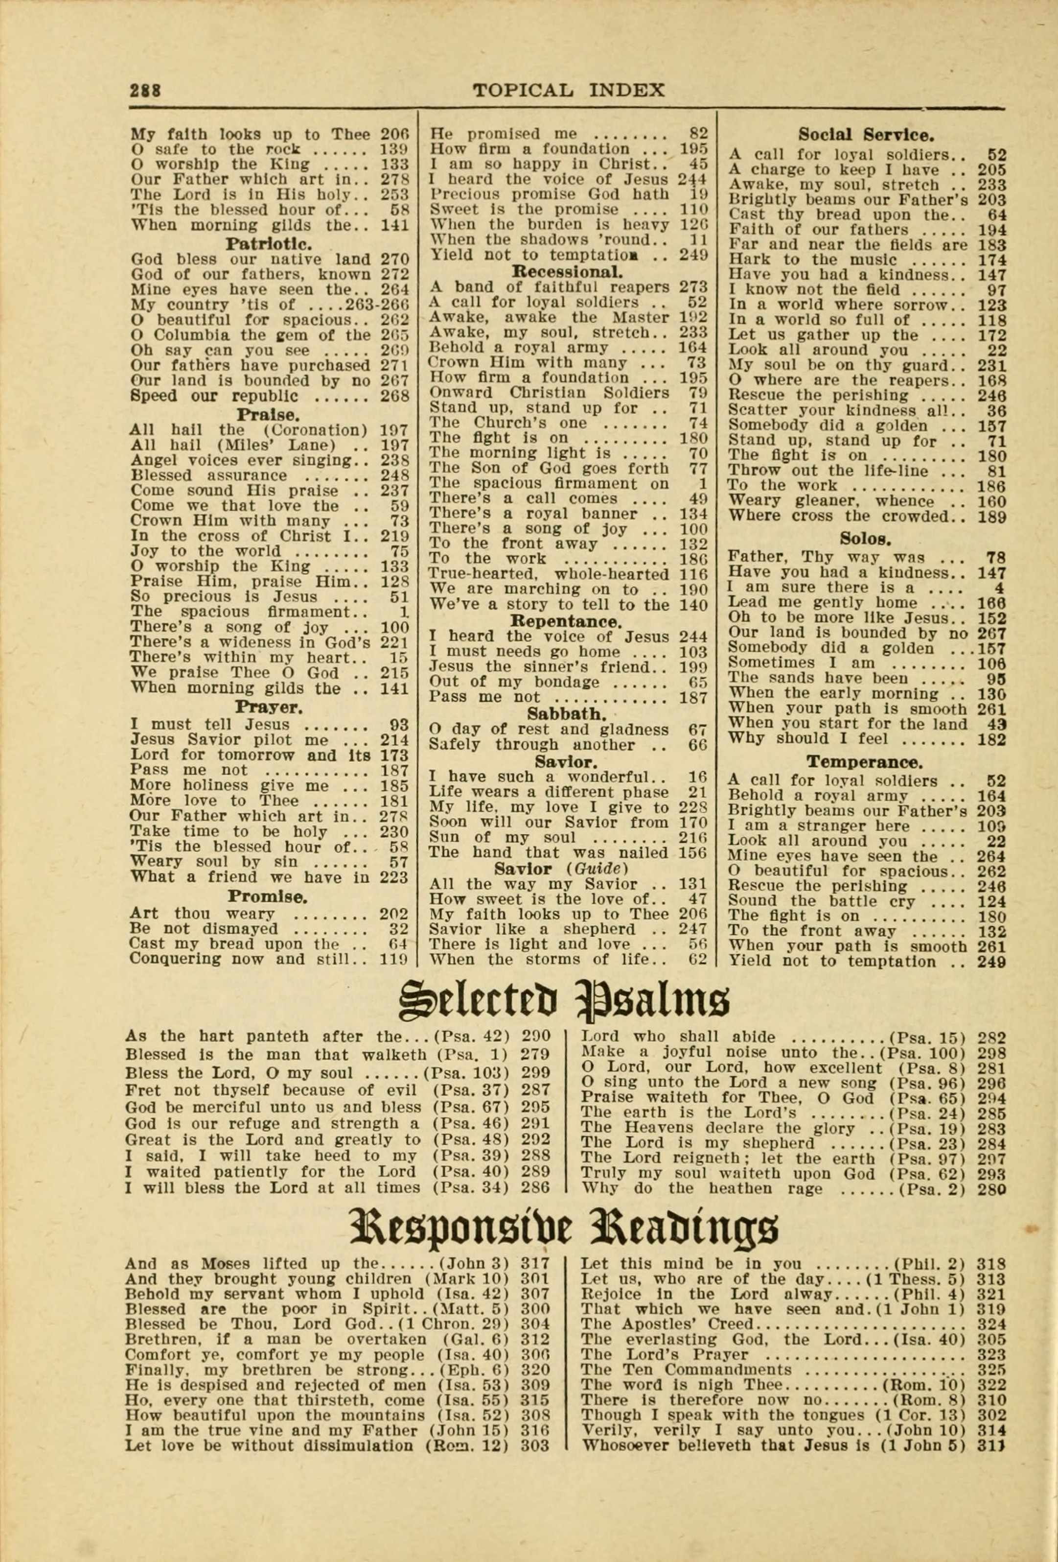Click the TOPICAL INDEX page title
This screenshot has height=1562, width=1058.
click(x=568, y=90)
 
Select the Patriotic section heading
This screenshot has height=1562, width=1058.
click(x=269, y=243)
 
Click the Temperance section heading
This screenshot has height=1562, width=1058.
click(x=865, y=762)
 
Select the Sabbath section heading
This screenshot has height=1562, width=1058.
click(x=567, y=713)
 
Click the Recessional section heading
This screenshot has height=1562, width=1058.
click(x=567, y=272)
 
